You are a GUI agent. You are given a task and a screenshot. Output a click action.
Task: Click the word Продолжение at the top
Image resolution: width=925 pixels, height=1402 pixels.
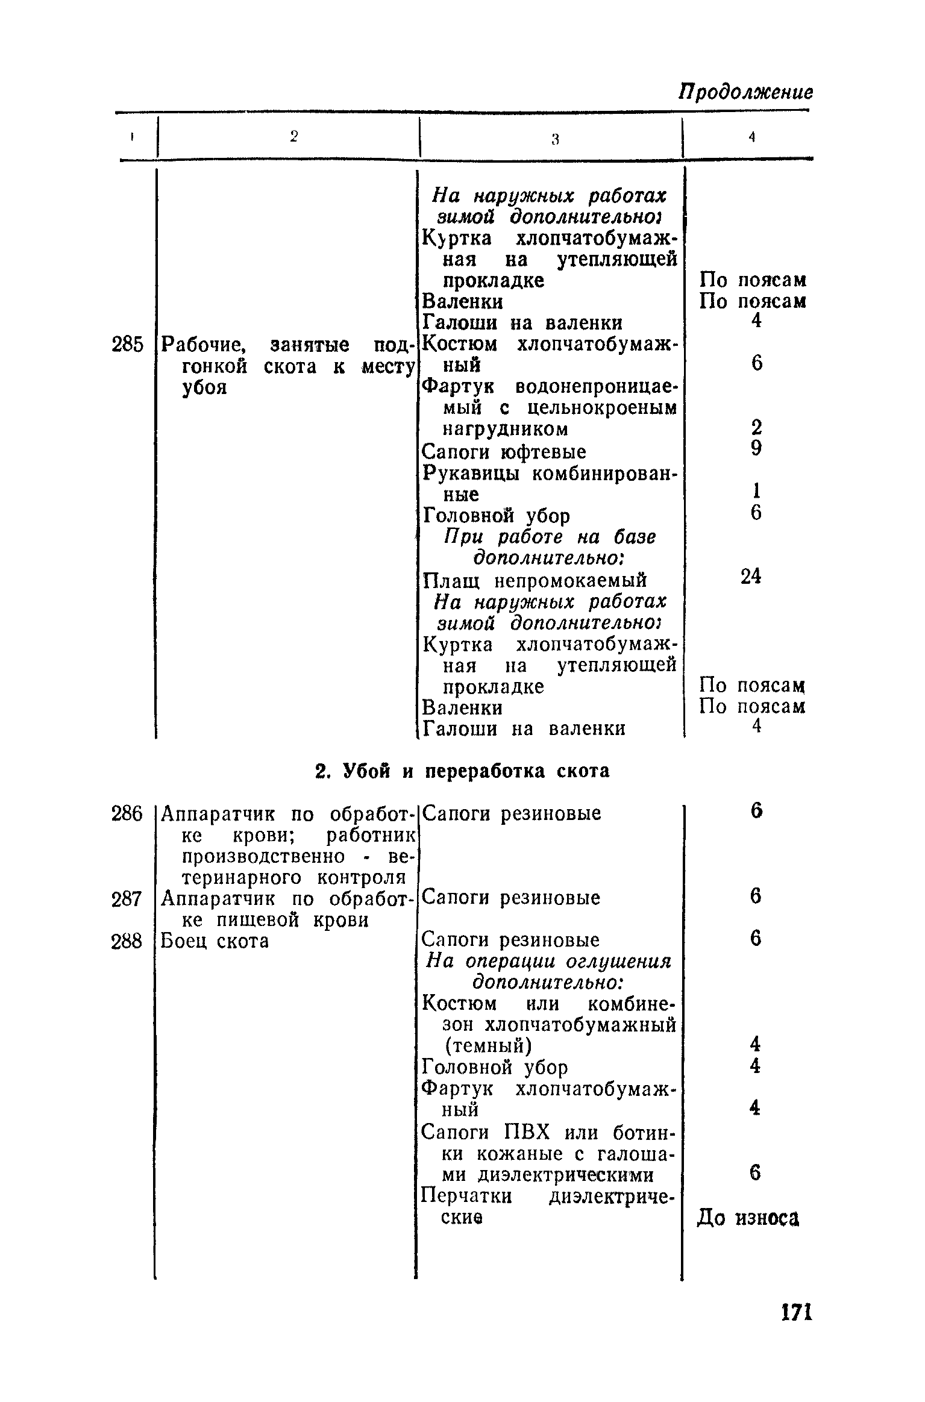click(x=745, y=92)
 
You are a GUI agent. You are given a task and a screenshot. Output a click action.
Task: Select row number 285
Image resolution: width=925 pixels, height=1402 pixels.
click(x=128, y=345)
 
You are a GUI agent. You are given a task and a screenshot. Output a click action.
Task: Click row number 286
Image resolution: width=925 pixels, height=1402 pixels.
click(x=127, y=814)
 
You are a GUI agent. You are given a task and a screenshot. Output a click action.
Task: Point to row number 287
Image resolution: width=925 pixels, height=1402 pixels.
click(x=127, y=899)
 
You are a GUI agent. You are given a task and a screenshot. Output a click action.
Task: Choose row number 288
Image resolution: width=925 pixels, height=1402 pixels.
click(x=127, y=940)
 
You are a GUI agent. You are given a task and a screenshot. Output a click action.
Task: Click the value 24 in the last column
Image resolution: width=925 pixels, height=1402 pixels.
click(x=751, y=577)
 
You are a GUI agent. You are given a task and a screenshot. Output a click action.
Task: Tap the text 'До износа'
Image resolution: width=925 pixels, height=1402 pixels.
click(x=748, y=1218)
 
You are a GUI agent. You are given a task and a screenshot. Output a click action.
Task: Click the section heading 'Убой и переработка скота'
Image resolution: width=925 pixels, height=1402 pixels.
click(x=462, y=771)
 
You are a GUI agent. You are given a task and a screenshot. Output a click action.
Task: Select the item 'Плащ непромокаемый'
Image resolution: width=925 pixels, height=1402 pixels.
click(x=534, y=581)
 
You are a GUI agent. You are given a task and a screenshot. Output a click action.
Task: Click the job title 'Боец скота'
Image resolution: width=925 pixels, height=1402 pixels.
click(x=215, y=940)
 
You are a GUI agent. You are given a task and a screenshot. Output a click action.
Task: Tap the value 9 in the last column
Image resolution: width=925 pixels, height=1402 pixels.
click(x=756, y=448)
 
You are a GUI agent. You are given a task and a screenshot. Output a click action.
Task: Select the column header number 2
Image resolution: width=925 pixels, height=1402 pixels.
click(x=293, y=137)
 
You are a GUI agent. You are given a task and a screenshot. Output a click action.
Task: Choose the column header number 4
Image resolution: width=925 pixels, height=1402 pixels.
click(x=751, y=137)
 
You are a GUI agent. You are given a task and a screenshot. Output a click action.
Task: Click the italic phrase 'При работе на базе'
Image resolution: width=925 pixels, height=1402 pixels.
click(x=550, y=537)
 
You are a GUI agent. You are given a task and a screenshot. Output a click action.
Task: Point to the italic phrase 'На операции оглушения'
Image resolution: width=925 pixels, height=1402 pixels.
click(x=548, y=961)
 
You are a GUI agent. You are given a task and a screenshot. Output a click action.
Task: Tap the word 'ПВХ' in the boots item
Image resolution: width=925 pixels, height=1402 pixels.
click(x=526, y=1133)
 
